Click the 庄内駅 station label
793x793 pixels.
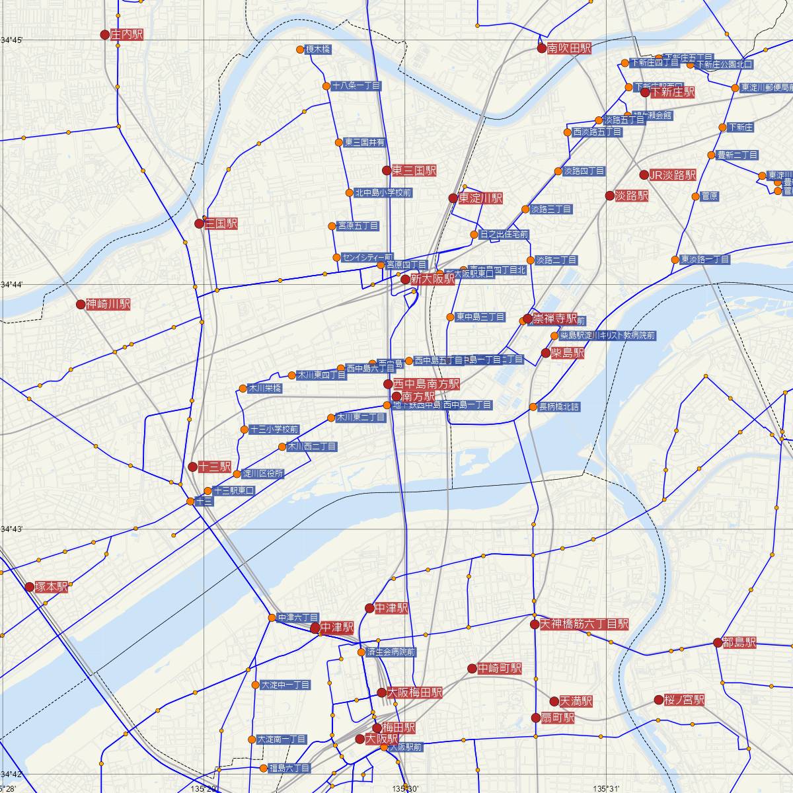click(128, 34)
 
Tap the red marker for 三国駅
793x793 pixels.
click(199, 223)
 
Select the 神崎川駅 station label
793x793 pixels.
click(108, 305)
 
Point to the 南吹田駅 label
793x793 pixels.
click(569, 48)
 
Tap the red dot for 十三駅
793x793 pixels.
click(192, 467)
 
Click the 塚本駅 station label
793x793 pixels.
click(52, 587)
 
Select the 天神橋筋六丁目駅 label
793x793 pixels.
click(584, 624)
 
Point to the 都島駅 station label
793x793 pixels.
click(739, 642)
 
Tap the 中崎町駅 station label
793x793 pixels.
click(500, 669)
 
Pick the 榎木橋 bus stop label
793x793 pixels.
click(318, 50)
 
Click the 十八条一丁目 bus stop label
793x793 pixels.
click(356, 86)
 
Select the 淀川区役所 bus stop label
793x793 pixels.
click(263, 474)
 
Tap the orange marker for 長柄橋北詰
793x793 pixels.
click(533, 407)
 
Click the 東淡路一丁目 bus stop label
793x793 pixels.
click(705, 260)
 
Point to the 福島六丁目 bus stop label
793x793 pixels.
click(289, 769)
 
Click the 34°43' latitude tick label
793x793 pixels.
click(12, 529)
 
